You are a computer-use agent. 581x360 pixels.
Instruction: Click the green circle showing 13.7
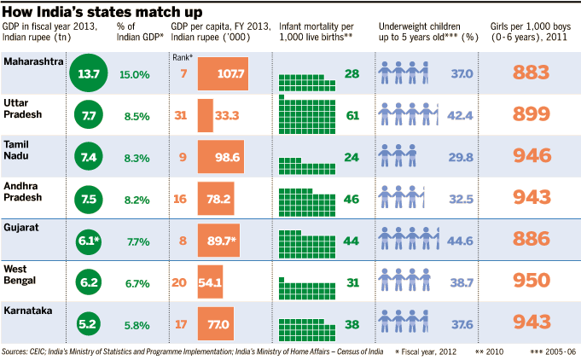click(x=89, y=75)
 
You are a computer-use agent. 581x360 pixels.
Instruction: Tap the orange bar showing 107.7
click(x=224, y=74)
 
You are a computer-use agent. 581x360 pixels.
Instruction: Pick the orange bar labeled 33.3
click(x=206, y=115)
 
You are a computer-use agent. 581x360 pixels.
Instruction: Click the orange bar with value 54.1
click(x=210, y=282)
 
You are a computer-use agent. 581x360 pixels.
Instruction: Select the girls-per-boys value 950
click(x=530, y=281)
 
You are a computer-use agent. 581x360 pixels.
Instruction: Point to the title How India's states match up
click(x=102, y=11)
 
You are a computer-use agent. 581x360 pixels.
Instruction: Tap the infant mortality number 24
click(x=352, y=157)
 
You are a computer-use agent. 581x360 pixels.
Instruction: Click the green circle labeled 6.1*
click(x=89, y=241)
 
